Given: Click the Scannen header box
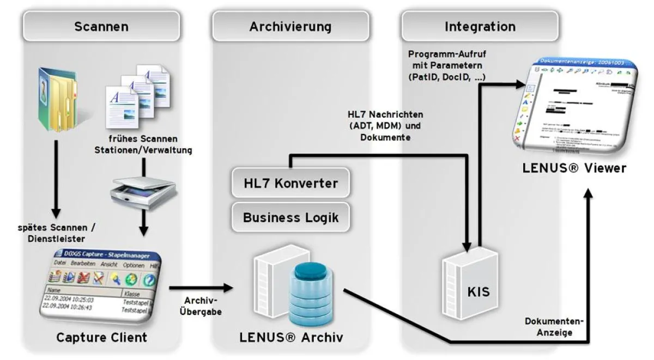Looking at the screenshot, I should (x=101, y=26).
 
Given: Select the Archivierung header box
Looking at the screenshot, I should (x=290, y=26).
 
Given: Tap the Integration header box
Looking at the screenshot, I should (x=480, y=26).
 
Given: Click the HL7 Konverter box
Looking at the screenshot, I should (x=290, y=184).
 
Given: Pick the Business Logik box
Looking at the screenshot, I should (x=290, y=217).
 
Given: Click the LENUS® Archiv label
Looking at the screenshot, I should (x=291, y=337).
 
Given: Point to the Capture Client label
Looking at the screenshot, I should (x=101, y=337).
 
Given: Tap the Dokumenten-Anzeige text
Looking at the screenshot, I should (x=554, y=327).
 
